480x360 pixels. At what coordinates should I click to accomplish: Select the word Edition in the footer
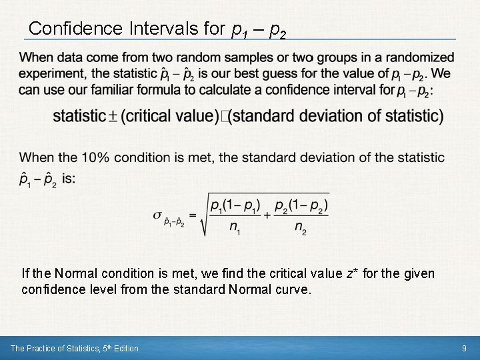pos(124,348)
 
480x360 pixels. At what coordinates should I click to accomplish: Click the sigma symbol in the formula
pos(157,214)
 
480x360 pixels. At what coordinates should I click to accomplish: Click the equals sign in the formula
pos(192,214)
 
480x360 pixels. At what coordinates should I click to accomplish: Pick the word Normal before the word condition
pos(74,273)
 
